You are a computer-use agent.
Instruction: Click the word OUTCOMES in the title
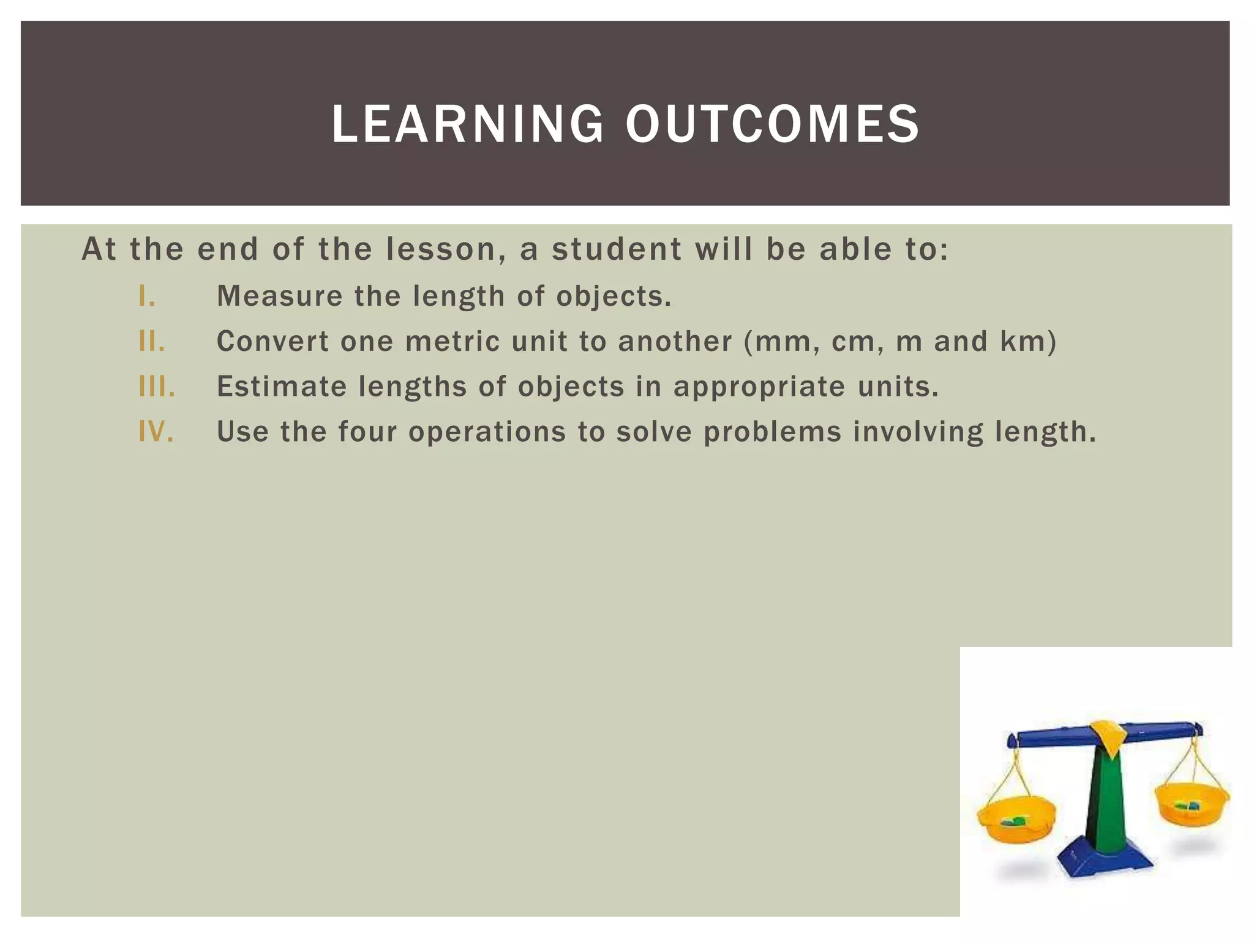tap(772, 124)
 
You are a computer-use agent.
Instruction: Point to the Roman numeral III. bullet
tap(157, 387)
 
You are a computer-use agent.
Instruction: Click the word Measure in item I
tap(279, 297)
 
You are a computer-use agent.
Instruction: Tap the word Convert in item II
tap(272, 342)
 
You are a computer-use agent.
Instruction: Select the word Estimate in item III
tap(282, 387)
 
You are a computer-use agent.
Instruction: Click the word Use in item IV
tap(242, 432)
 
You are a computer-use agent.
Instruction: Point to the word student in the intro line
tap(617, 249)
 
